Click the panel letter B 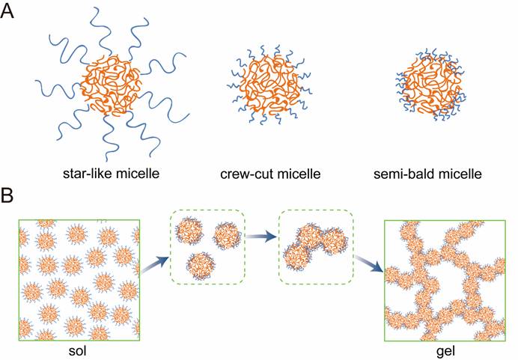[7, 195]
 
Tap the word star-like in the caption [86, 173]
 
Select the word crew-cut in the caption [243, 174]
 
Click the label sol [77, 350]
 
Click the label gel [445, 352]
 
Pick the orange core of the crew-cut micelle [270, 85]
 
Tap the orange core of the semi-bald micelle [430, 85]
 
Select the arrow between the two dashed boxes [261, 237]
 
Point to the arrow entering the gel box [368, 263]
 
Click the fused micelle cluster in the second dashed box [315, 246]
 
